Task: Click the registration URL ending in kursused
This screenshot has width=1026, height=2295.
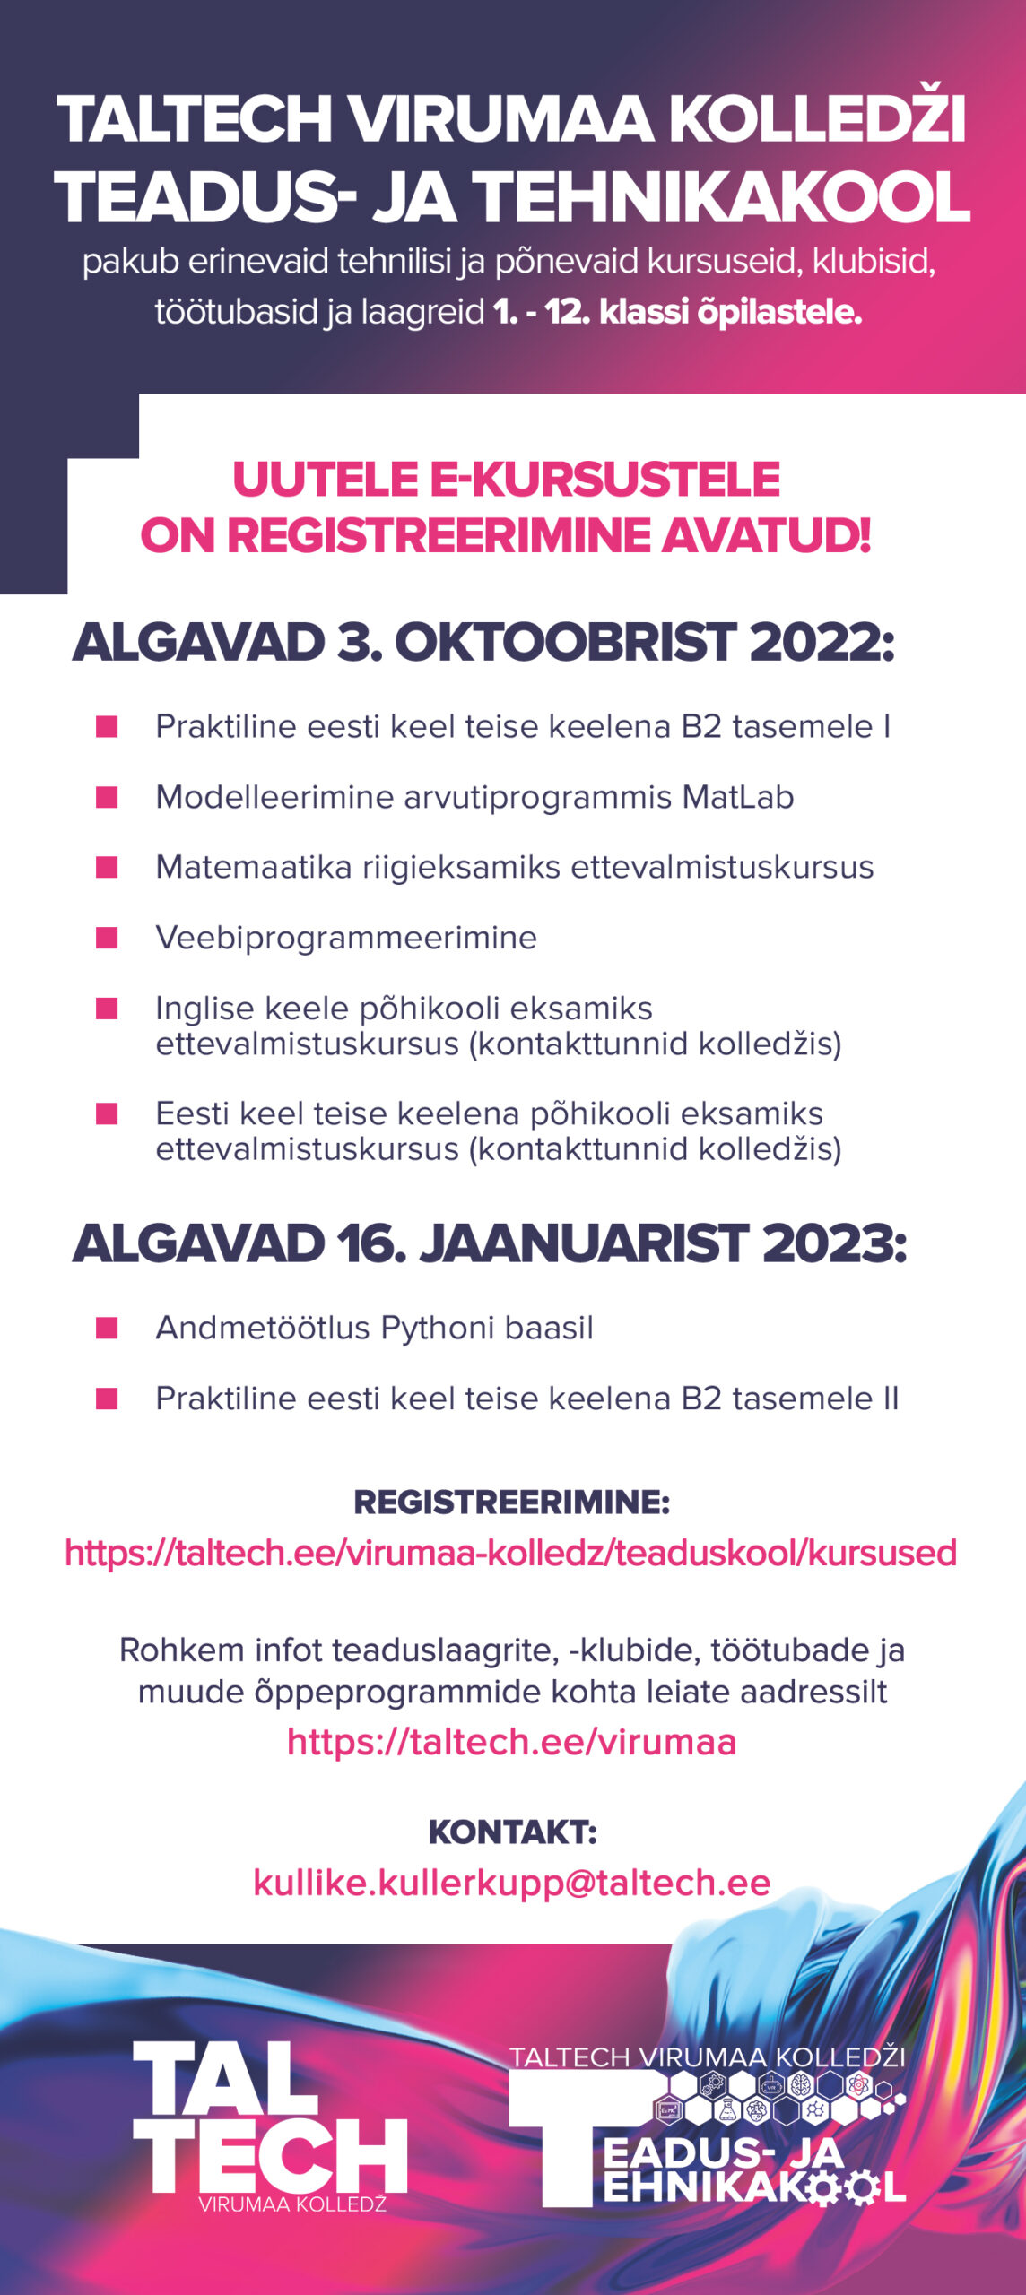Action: (x=511, y=1554)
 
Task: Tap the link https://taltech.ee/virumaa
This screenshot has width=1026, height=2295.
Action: (x=511, y=1742)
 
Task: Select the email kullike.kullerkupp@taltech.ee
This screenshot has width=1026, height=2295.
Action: (x=511, y=1882)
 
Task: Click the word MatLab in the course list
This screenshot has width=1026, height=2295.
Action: (x=738, y=797)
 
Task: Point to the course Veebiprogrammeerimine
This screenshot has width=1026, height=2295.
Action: (x=346, y=938)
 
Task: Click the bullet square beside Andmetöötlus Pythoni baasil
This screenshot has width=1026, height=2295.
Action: (x=107, y=1328)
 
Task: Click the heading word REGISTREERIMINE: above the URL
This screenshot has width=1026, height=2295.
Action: (x=511, y=1502)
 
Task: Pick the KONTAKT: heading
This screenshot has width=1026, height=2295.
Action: (x=512, y=1832)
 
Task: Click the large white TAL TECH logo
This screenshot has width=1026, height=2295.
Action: (x=269, y=2117)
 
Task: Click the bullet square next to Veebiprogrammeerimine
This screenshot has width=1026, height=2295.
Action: (x=107, y=938)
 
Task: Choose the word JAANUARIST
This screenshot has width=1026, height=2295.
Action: (x=584, y=1243)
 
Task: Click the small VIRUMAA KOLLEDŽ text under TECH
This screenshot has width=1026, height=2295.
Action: (x=292, y=2204)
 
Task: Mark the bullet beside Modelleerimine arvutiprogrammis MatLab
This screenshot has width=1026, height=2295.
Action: (x=107, y=797)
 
